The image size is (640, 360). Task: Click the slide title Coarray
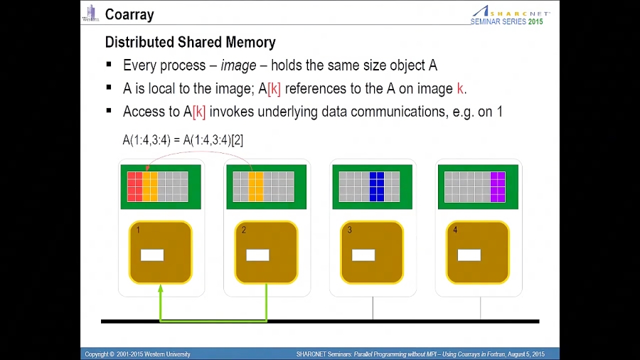click(129, 14)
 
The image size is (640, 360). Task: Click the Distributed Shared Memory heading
click(190, 43)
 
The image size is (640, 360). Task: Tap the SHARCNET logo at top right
click(511, 12)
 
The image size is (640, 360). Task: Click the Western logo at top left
click(90, 14)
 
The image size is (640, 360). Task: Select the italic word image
click(238, 65)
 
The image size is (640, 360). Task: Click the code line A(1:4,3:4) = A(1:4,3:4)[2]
click(183, 140)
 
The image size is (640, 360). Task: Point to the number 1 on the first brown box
click(138, 230)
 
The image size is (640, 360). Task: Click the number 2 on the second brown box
click(244, 230)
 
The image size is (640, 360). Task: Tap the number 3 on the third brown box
click(349, 230)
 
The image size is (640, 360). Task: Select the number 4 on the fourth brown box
click(455, 230)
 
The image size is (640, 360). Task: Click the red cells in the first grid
click(134, 186)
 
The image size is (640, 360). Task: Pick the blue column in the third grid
click(377, 186)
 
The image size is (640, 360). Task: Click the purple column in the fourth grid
click(497, 186)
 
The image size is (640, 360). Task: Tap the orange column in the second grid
click(256, 186)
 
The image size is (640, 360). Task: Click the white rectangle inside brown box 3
click(363, 255)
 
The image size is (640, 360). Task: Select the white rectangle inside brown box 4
click(469, 255)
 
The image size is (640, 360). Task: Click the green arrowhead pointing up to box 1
click(161, 289)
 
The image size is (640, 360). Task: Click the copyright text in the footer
click(138, 354)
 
